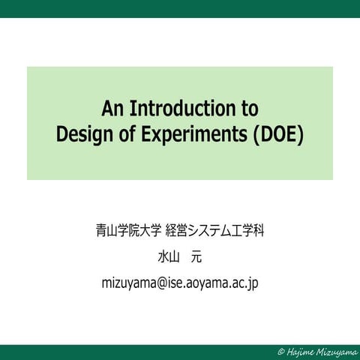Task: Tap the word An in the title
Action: [x=113, y=108]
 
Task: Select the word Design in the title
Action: [x=83, y=136]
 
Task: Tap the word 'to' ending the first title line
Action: [x=248, y=108]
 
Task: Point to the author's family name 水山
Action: [x=166, y=256]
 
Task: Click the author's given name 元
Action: [x=196, y=256]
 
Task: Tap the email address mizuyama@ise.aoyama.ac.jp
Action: [x=180, y=283]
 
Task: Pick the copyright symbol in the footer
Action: [x=280, y=351]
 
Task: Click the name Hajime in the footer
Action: [x=299, y=351]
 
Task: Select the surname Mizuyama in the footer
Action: [x=335, y=351]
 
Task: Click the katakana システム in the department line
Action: [x=214, y=230]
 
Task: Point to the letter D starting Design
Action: [x=62, y=136]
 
